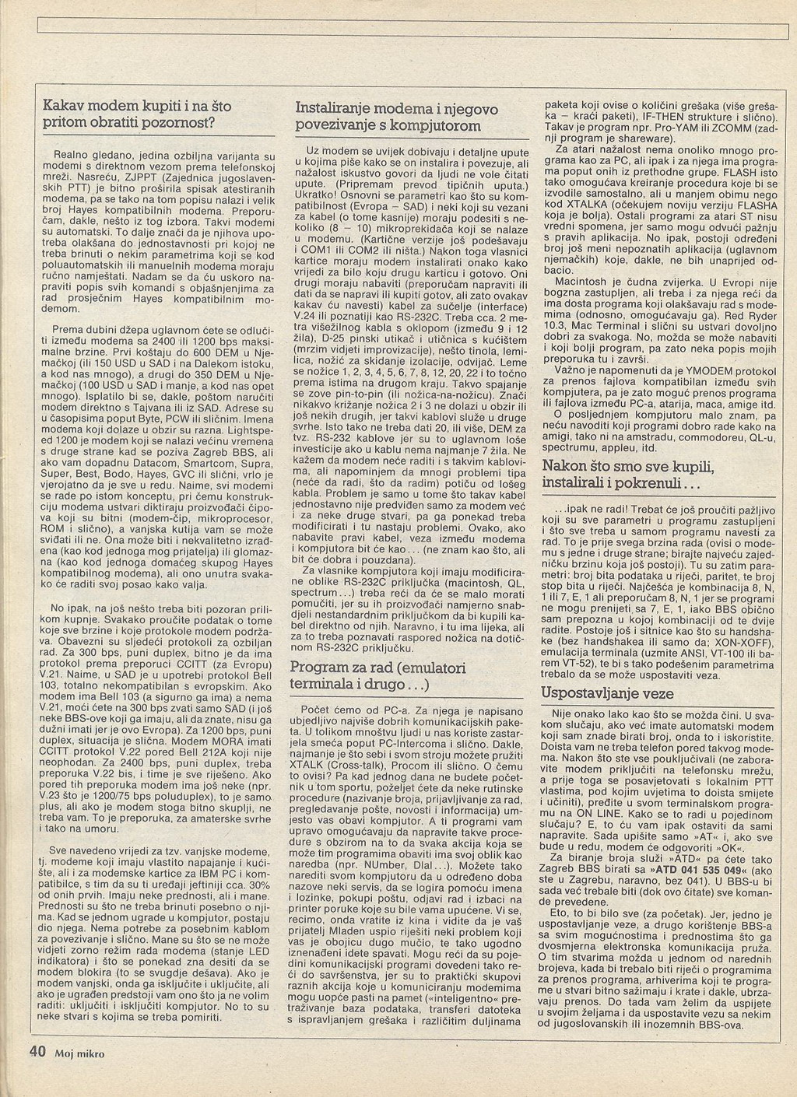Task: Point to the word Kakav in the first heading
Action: pos(65,106)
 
